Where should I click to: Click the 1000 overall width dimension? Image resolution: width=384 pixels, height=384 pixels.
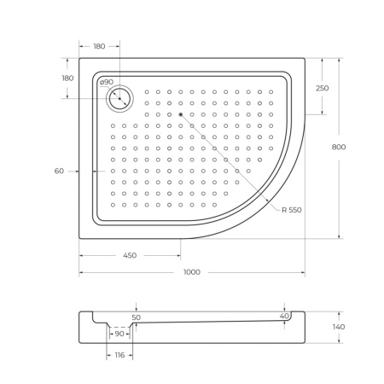pos(192,272)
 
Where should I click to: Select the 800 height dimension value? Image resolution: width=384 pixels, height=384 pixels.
pos(338,147)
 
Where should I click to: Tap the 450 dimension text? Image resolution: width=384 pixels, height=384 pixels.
pos(129,255)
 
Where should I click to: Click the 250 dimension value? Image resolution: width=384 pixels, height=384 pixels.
pos(322,88)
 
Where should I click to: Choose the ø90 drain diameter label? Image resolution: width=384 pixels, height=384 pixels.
pos(107,83)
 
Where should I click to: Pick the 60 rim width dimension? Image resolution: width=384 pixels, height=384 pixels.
pos(59,171)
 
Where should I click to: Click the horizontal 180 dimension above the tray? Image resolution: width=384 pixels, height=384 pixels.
pos(99,47)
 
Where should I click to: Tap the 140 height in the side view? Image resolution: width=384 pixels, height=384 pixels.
pos(339,327)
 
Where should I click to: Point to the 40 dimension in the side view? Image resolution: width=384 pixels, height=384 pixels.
pos(283,317)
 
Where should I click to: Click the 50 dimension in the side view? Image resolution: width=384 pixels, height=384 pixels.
pos(136,317)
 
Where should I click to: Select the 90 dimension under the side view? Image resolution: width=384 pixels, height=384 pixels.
pos(119,335)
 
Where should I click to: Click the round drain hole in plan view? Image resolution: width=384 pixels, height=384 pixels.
pos(119,99)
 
